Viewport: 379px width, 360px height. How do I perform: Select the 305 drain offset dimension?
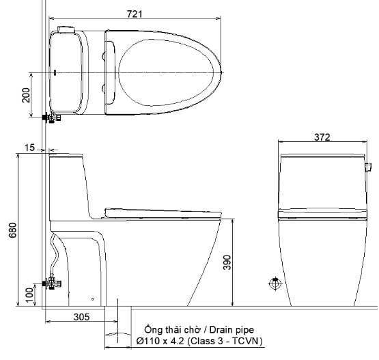[x=81, y=316]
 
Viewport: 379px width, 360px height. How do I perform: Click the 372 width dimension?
[x=322, y=137]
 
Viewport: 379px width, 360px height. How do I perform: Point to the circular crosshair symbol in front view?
[x=275, y=283]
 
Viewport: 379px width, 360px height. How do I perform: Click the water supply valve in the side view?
[x=51, y=282]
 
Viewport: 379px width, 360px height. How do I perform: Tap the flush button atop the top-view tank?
[x=66, y=29]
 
